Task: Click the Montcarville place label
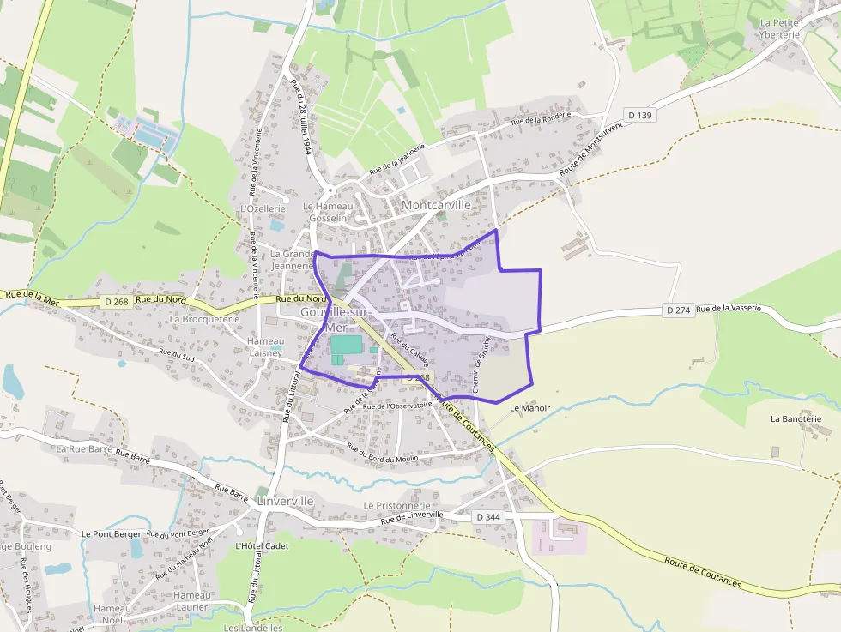[436, 205]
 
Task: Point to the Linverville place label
[285, 500]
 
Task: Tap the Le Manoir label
[529, 408]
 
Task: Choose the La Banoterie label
[802, 418]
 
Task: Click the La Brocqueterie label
[204, 318]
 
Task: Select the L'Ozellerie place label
[263, 208]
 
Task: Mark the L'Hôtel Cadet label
[262, 545]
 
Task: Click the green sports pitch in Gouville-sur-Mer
[346, 345]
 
